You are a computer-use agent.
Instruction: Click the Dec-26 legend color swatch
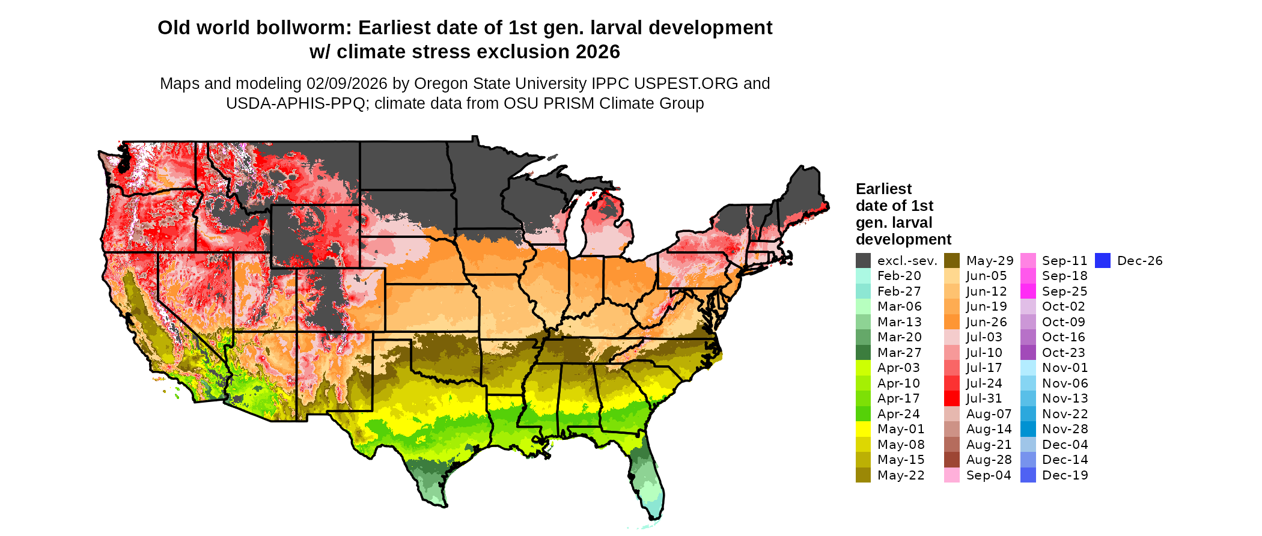tap(1102, 261)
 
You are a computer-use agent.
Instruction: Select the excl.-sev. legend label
tap(907, 261)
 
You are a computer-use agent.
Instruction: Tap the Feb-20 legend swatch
tap(863, 276)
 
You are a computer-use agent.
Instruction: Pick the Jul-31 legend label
tap(984, 398)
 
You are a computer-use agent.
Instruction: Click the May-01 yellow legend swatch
tap(863, 429)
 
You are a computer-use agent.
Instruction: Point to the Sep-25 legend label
tap(1064, 291)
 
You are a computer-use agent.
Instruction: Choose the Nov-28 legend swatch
tap(1028, 429)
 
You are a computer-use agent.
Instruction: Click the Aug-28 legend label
tap(989, 460)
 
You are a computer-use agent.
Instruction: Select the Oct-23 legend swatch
tap(1028, 353)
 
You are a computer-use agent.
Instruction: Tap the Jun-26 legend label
tap(986, 322)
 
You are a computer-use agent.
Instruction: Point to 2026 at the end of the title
tap(597, 52)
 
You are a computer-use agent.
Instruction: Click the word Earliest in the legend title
tap(883, 189)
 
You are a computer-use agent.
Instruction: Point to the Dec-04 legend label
tap(1064, 445)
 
